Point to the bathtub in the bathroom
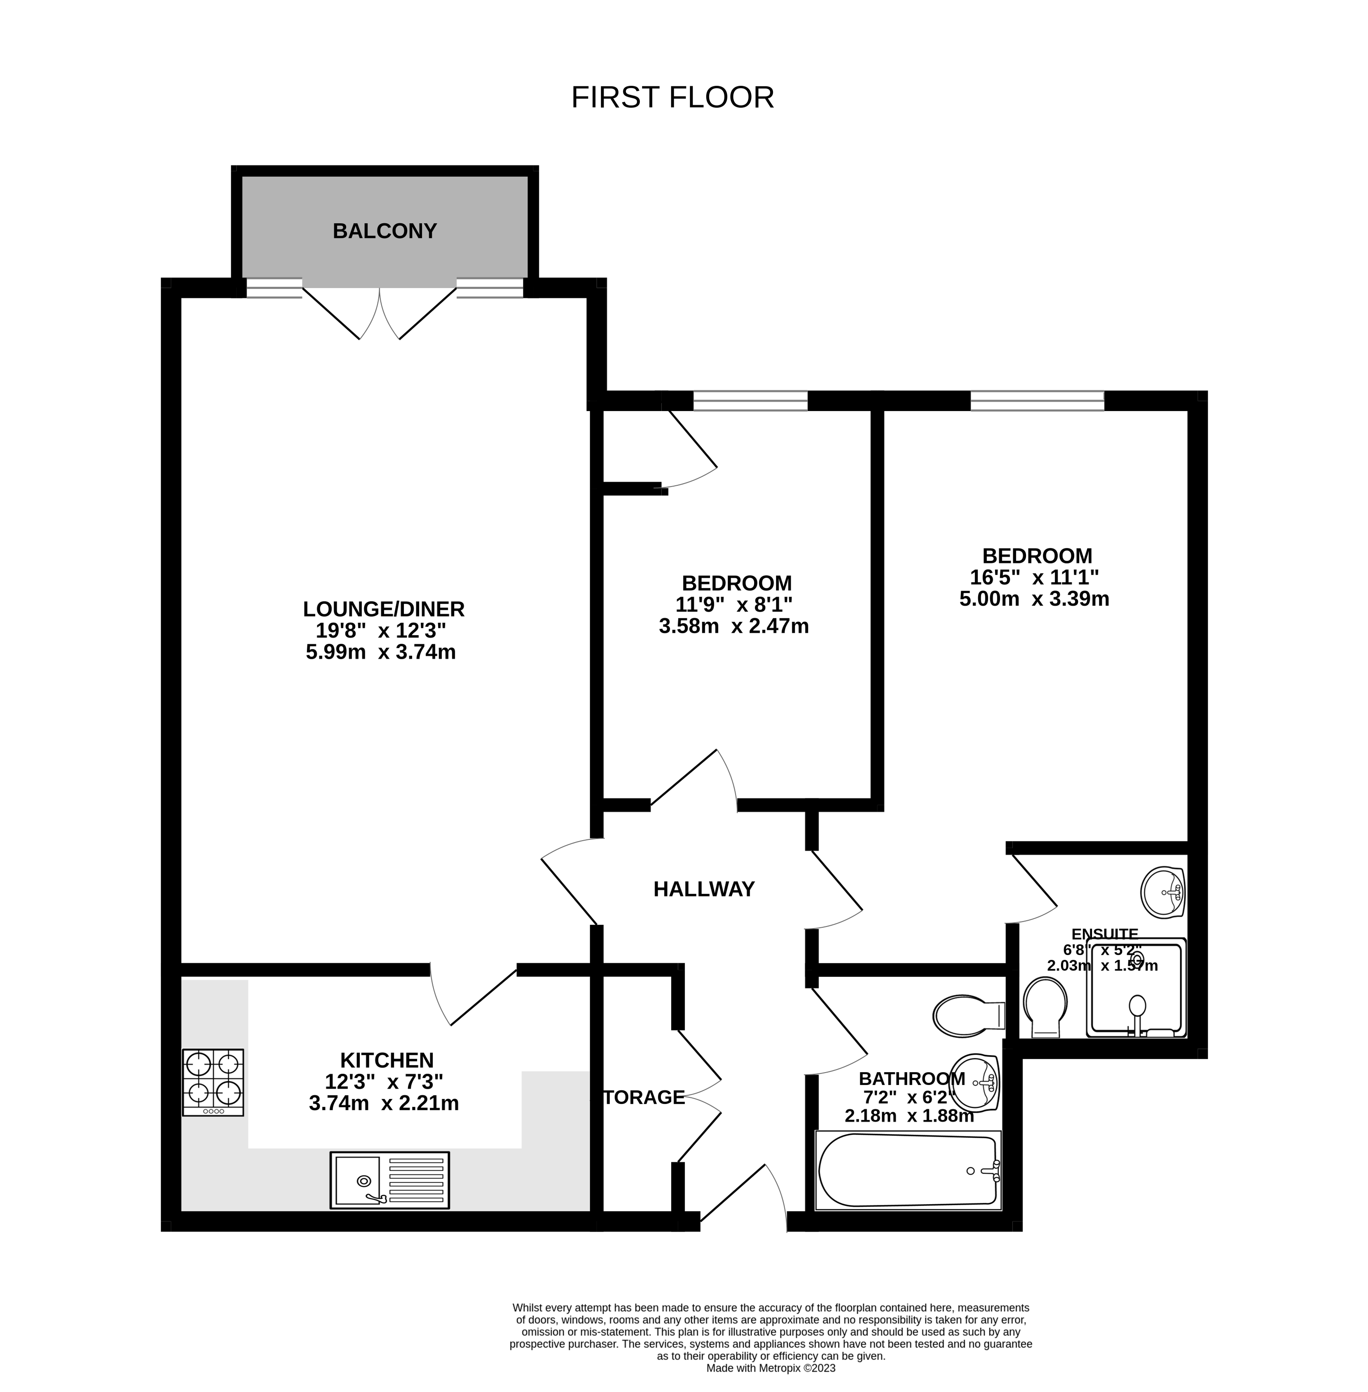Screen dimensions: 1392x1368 click(x=908, y=1171)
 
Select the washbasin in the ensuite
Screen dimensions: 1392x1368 click(x=1162, y=893)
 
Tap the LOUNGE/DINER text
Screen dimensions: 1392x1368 click(x=384, y=609)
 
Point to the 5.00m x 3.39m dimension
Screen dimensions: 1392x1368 click(x=1034, y=599)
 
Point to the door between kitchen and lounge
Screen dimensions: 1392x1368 click(x=474, y=995)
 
